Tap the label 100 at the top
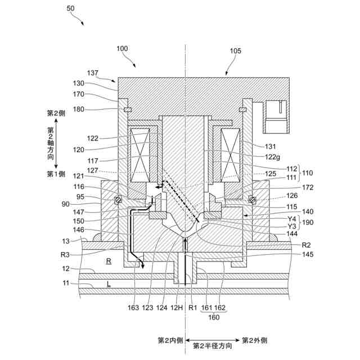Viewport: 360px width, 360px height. (122, 49)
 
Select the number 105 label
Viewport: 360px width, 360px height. (235, 51)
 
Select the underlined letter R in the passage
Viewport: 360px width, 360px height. (109, 262)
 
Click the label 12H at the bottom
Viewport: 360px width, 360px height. (176, 307)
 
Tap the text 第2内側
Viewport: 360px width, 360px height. (169, 340)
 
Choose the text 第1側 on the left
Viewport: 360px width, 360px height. (56, 174)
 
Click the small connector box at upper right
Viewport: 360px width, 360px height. (276, 116)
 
